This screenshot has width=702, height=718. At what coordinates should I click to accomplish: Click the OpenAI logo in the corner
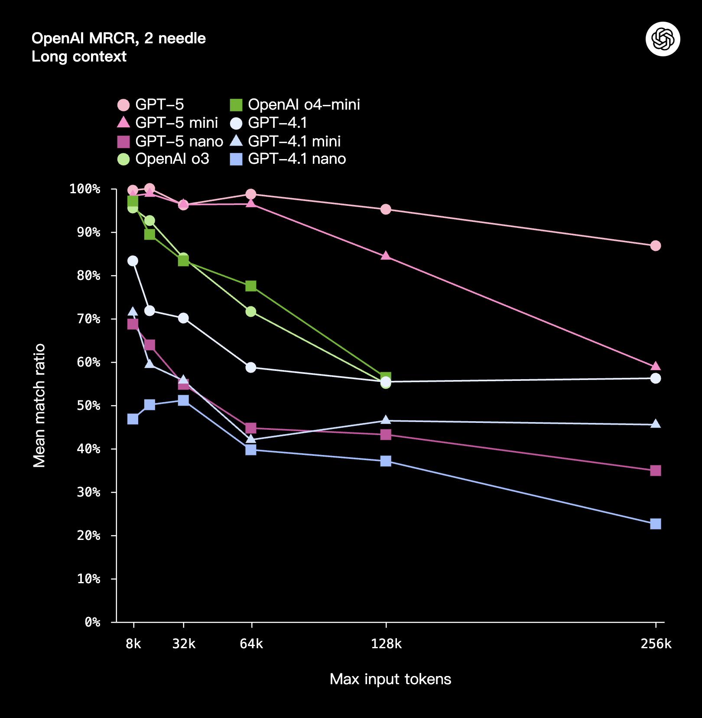tap(663, 39)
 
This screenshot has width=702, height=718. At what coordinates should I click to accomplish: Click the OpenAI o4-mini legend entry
tap(295, 105)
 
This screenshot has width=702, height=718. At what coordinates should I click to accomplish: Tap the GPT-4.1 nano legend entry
tap(288, 159)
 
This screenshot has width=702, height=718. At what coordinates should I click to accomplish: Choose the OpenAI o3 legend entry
tap(163, 159)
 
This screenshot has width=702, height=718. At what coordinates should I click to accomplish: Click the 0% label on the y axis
tap(92, 622)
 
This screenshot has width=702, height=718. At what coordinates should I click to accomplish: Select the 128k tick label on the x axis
tap(386, 644)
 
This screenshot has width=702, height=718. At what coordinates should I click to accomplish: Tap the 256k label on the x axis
tap(656, 644)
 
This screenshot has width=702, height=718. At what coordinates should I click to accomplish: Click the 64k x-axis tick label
tap(251, 644)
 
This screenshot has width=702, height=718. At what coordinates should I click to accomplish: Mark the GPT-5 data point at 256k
tap(656, 246)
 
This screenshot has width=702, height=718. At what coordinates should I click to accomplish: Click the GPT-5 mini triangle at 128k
tap(386, 256)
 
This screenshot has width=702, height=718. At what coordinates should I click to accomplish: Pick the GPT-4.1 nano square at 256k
tap(656, 524)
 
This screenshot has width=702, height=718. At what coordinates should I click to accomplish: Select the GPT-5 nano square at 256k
tap(656, 471)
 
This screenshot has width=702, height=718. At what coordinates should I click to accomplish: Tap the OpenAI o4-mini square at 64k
tap(251, 286)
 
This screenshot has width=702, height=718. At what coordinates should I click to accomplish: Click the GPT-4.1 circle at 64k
tap(251, 367)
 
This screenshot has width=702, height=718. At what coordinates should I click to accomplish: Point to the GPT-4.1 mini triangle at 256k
tap(656, 424)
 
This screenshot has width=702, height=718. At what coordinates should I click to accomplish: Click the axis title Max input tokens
tap(390, 679)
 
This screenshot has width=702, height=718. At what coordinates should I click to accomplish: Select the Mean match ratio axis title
tap(39, 406)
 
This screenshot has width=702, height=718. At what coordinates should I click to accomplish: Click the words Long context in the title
tap(79, 57)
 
